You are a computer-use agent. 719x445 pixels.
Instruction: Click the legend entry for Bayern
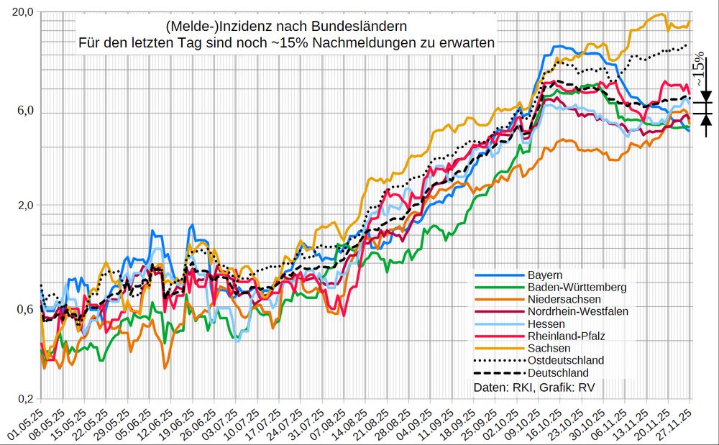(544, 275)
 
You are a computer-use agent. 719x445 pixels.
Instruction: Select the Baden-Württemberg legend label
(577, 287)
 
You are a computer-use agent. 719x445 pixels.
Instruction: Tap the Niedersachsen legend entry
(564, 299)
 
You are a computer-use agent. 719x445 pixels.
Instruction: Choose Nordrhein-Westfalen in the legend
(578, 311)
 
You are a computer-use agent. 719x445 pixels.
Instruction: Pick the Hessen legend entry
(546, 324)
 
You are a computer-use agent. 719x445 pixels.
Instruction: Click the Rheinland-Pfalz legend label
(566, 336)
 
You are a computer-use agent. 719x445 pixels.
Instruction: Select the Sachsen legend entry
(548, 348)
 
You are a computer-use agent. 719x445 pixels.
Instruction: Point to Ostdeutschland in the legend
(565, 360)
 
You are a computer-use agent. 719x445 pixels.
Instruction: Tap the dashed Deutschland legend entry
(558, 372)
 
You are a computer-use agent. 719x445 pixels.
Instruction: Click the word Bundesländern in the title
(345, 27)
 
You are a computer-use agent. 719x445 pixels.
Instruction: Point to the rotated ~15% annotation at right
(698, 73)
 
